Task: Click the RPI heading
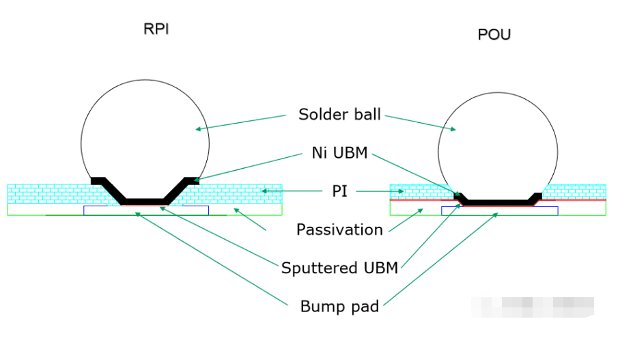(x=156, y=29)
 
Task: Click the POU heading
(x=494, y=34)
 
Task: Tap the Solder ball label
(x=339, y=114)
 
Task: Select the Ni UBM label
(x=339, y=154)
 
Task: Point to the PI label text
(x=339, y=191)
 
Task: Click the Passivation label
(x=339, y=230)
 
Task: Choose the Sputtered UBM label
(x=339, y=268)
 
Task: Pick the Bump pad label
(x=339, y=306)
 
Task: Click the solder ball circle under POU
(x=497, y=137)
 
